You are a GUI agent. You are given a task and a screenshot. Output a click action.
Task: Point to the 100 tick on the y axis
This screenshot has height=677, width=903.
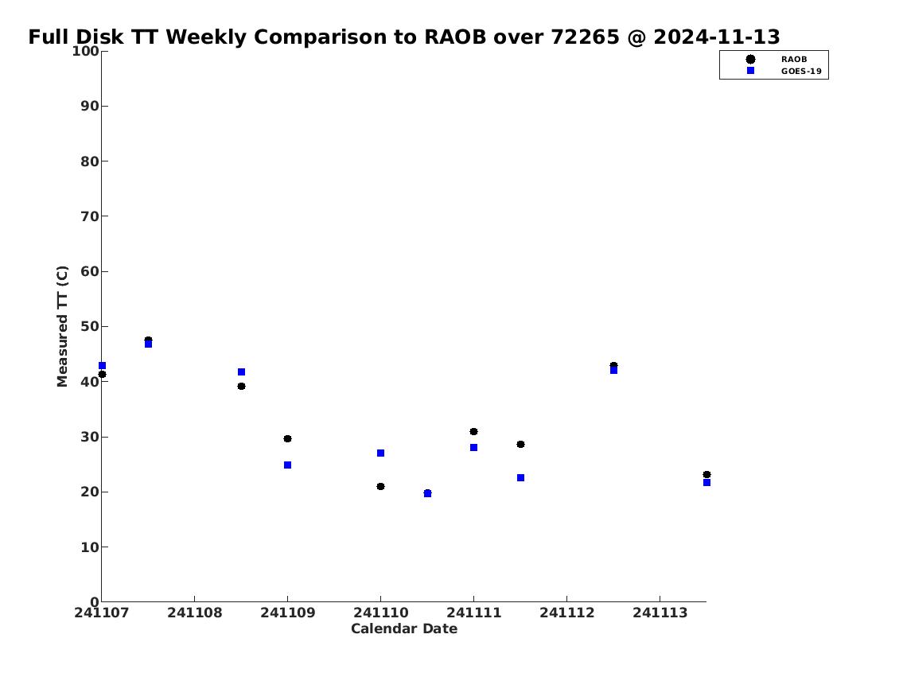tap(85, 51)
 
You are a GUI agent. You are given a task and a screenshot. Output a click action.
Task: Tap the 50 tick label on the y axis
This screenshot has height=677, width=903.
tap(90, 326)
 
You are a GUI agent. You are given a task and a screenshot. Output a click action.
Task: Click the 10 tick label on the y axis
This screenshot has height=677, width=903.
tap(90, 547)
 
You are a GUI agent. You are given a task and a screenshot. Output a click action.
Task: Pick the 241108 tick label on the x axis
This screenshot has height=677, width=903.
tap(195, 613)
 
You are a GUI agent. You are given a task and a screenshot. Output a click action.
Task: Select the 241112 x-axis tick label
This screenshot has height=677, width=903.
tap(566, 613)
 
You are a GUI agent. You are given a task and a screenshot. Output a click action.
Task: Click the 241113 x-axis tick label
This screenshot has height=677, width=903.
tap(660, 613)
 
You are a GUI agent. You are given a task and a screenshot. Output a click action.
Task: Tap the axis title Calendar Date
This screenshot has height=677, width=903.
tap(403, 628)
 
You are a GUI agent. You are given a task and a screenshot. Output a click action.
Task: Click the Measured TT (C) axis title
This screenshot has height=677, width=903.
tap(62, 326)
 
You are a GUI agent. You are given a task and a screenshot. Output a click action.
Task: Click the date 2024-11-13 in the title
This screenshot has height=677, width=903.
tap(716, 37)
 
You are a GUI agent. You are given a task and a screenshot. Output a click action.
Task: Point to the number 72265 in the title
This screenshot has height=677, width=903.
tap(585, 37)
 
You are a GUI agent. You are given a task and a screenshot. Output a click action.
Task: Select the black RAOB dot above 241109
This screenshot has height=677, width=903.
tap(287, 438)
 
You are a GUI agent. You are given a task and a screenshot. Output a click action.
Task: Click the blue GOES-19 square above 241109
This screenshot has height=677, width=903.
tap(287, 465)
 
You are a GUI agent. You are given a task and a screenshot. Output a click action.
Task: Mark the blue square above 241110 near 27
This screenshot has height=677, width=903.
tap(380, 453)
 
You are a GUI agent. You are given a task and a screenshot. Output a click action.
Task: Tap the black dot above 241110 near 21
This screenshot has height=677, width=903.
tap(380, 486)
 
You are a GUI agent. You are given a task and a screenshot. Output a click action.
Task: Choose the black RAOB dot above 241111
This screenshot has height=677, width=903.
tap(473, 432)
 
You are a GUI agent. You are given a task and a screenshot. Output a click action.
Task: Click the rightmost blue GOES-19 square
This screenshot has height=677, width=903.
tap(706, 482)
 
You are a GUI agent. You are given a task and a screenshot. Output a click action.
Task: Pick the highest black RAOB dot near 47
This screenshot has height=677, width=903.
tap(148, 340)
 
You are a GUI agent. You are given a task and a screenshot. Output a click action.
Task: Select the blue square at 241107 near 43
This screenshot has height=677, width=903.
tap(103, 366)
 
